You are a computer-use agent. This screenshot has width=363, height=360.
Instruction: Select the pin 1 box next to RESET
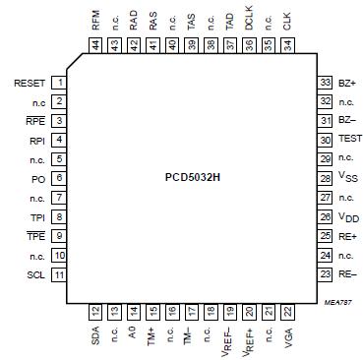point(61,83)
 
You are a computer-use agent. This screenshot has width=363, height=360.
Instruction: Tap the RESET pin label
point(31,83)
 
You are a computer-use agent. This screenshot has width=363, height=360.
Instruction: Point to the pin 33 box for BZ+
point(324,83)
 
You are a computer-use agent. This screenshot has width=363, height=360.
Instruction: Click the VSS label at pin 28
point(346,178)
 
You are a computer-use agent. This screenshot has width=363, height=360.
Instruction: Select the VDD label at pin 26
point(347,216)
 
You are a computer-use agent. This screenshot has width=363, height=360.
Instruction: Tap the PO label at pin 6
point(36,178)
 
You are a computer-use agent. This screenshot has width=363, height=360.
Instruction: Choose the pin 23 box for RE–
point(324,273)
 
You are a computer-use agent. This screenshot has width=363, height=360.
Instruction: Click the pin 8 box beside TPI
point(61,216)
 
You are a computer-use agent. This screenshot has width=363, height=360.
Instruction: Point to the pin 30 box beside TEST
point(324,140)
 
